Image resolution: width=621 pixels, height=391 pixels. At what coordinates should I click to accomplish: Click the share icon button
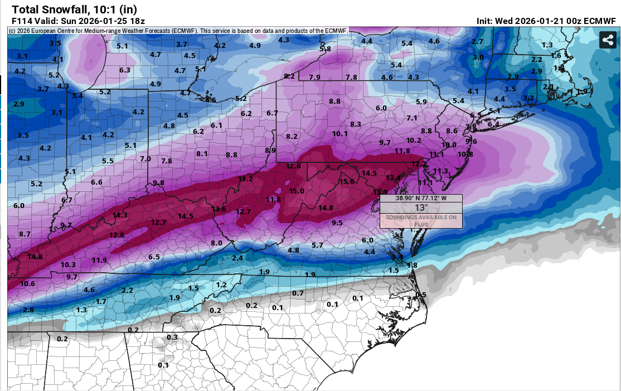coord(607,40)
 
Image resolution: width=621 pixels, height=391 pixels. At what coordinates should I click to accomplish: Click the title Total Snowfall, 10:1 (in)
coord(74,9)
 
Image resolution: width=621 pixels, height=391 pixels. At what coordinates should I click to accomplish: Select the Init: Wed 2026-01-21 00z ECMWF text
coord(546,21)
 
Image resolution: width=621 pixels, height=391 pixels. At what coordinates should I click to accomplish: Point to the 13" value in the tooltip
coord(421,207)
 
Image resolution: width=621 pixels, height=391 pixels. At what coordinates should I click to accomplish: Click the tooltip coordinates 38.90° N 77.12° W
coord(421,198)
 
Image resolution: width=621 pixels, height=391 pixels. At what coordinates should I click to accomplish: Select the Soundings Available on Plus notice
coord(421,220)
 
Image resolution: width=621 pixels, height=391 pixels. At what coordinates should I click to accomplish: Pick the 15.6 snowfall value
coord(347,181)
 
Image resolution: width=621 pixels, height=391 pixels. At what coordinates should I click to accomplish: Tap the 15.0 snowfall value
coord(297,191)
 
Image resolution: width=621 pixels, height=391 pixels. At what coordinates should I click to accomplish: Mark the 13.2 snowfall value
coord(246,178)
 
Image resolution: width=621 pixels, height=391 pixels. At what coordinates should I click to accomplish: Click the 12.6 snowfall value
coord(293,166)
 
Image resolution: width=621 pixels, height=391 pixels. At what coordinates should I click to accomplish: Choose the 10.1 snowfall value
coord(339,133)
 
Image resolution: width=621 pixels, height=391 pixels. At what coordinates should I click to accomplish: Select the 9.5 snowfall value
coord(337,223)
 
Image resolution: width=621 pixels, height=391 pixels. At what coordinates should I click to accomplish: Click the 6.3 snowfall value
coord(124,70)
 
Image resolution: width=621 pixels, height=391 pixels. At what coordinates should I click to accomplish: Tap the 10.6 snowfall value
coord(27,283)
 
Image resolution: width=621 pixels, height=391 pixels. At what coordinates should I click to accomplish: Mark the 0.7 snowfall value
coord(298,293)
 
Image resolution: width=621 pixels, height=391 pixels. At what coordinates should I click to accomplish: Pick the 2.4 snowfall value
coord(237,258)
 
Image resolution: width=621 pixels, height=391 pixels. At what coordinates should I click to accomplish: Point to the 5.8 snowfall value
coord(325,49)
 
